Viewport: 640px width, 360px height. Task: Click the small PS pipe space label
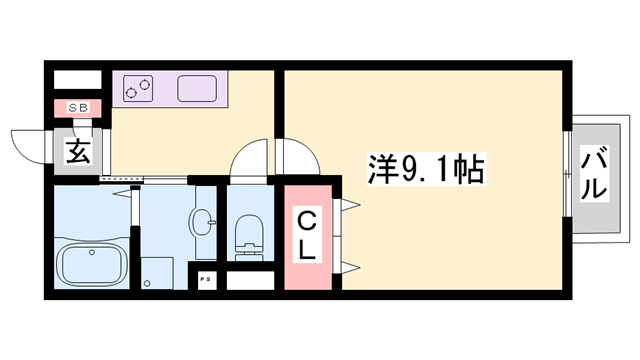(x=206, y=278)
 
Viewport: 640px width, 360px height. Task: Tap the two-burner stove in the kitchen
(x=139, y=90)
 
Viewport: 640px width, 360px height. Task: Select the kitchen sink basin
(x=197, y=90)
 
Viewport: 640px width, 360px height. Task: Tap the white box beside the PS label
(x=249, y=280)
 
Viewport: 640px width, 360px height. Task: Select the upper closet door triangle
(x=351, y=206)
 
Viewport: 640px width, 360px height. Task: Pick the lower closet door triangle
(x=351, y=265)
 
